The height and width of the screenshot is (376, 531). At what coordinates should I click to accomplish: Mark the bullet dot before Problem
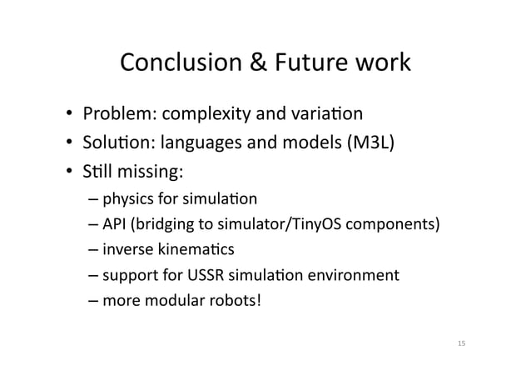click(x=72, y=113)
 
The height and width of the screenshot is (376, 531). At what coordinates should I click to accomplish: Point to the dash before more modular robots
click(x=93, y=298)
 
